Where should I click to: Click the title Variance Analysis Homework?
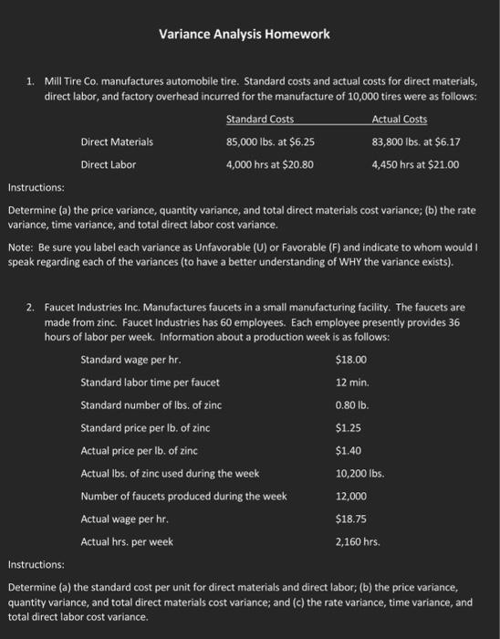pos(244,35)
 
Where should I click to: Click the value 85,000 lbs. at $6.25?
pos(270,142)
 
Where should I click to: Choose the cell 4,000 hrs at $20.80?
pos(270,165)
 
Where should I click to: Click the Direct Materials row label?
pos(117,142)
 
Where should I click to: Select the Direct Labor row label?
pos(108,165)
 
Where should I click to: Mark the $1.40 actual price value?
pos(348,450)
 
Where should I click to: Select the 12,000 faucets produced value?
pos(351,496)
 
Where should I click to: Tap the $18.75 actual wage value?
pos(350,519)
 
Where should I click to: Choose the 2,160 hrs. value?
pos(357,541)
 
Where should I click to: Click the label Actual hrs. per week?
pos(127,541)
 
